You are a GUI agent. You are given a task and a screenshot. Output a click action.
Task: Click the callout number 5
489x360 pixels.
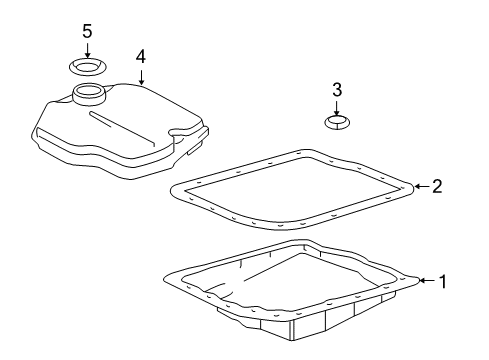pos(87,31)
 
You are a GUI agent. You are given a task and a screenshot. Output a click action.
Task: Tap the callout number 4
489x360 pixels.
pos(141,56)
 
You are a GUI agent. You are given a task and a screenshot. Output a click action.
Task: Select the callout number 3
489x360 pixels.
pos(337,90)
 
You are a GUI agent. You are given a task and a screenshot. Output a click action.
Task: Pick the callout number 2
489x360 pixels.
pos(437,186)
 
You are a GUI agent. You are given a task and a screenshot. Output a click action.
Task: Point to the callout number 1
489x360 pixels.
pos(443,281)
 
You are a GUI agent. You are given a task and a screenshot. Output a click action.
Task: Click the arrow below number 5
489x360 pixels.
pos(87,51)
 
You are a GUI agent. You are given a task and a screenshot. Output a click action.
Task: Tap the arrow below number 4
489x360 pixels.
pos(141,77)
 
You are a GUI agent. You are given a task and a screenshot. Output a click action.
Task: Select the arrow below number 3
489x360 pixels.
pos(337,108)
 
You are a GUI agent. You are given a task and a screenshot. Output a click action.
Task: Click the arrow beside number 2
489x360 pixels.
pos(422,186)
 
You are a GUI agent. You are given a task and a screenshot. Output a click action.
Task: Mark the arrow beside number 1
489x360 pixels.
pos(428,281)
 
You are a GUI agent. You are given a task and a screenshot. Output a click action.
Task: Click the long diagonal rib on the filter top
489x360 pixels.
pos(122,129)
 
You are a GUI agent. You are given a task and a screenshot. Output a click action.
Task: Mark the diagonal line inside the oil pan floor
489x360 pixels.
pos(270,268)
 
